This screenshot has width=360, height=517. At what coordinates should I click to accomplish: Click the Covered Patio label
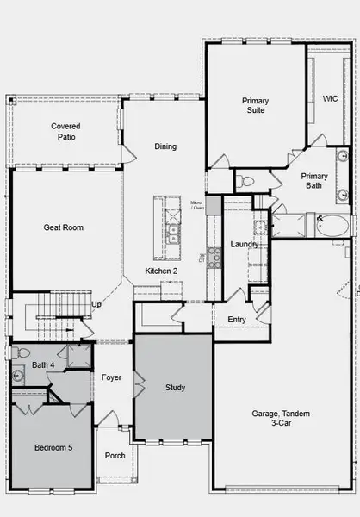click(x=66, y=131)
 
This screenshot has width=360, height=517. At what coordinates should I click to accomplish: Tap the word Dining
click(x=165, y=146)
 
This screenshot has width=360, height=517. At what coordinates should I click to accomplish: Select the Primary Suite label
click(x=255, y=105)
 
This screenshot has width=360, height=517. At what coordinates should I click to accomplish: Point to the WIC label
click(x=330, y=99)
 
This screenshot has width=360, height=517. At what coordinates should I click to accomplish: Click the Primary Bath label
click(x=314, y=181)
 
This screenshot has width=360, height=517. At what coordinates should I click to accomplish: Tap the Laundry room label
click(x=245, y=244)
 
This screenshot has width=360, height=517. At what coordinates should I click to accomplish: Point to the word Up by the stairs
click(x=96, y=305)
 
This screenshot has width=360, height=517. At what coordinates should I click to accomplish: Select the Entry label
click(x=237, y=320)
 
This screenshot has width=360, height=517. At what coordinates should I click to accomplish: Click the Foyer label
click(x=111, y=377)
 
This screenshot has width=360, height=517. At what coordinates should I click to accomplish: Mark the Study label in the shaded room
click(x=175, y=388)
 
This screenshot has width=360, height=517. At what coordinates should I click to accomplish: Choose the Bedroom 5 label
click(x=54, y=448)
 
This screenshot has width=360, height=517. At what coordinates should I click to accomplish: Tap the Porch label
click(x=115, y=456)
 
